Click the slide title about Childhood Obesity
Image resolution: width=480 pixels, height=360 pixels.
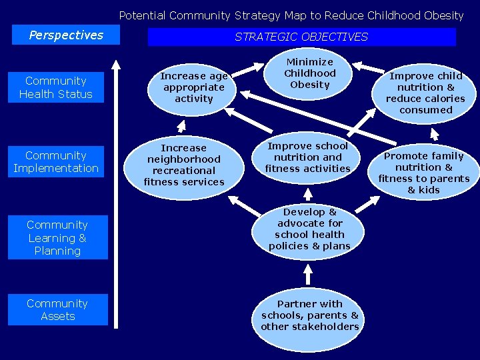point(291,15)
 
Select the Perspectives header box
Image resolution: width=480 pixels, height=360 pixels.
point(66,35)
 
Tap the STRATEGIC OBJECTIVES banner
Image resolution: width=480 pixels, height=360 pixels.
point(301,37)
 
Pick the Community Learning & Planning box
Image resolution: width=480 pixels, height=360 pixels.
point(57,238)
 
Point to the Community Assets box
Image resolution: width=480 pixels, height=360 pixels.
point(57,310)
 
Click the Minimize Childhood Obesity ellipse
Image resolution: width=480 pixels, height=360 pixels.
point(310,73)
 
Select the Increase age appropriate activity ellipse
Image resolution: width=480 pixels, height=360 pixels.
point(193,87)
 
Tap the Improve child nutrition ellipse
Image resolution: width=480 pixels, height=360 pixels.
point(426,93)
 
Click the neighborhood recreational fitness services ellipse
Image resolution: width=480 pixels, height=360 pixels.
point(184,165)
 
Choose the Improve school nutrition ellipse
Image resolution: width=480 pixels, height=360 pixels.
point(307,157)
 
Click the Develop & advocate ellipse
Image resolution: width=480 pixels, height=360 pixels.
point(309,229)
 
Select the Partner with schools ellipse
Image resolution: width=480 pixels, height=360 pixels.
point(310,315)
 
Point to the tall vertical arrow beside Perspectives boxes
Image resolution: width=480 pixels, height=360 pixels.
point(117,193)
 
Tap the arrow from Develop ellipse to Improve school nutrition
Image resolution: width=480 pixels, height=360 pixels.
point(308,193)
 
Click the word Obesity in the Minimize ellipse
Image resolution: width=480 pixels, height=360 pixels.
point(310,85)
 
